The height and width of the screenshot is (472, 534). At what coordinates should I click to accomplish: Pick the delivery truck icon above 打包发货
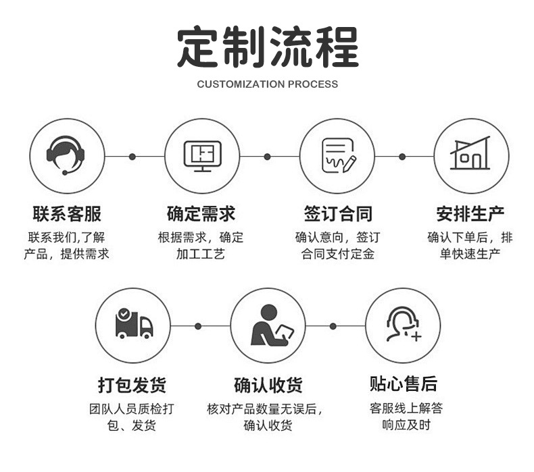point(133,325)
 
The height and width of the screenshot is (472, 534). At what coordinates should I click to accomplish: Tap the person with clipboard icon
point(268,325)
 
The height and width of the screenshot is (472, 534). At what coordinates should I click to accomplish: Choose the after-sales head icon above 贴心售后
point(403,325)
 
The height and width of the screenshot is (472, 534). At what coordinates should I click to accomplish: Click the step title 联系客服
point(66,215)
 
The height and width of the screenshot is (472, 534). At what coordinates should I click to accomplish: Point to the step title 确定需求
point(201,215)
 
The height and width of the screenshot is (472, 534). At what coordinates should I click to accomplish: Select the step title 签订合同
point(337,215)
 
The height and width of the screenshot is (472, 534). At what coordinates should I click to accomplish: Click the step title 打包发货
point(132,386)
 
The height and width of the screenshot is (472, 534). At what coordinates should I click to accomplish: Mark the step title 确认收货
point(268,386)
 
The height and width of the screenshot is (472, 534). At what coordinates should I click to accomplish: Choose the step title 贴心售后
point(403,385)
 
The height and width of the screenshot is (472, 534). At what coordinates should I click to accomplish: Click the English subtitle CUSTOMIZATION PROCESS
point(268,84)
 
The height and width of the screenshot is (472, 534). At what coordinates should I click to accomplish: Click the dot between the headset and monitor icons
point(132,157)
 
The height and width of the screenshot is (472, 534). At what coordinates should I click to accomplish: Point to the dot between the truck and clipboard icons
point(198,326)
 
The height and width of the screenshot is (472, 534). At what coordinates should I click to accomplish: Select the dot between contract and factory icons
point(402,157)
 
